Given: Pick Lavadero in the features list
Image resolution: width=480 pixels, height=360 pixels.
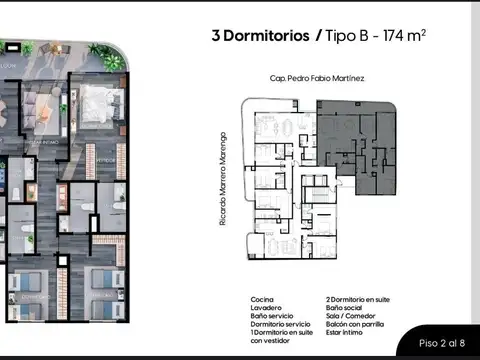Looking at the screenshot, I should click(265, 306).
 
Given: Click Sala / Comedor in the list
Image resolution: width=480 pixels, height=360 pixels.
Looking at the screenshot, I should click(348, 313).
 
